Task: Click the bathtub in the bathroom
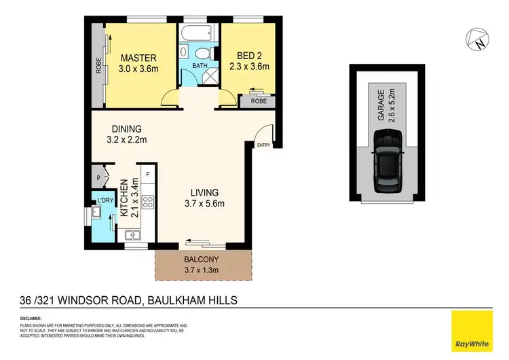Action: (x=198, y=32)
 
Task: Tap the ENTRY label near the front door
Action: (x=263, y=144)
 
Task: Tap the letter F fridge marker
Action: (x=148, y=174)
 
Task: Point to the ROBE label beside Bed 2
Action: (x=258, y=102)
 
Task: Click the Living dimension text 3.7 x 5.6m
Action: (x=204, y=202)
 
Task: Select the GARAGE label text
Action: (x=381, y=106)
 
